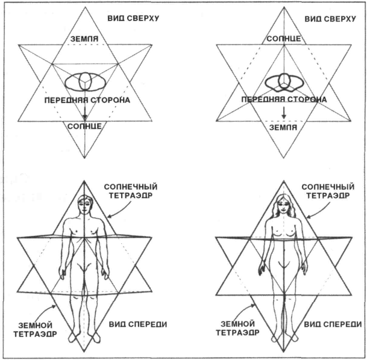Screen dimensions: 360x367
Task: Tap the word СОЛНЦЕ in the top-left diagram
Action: coord(85,127)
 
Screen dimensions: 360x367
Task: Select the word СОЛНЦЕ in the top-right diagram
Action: coord(281,39)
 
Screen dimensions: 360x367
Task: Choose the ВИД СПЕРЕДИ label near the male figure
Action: coord(137,326)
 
